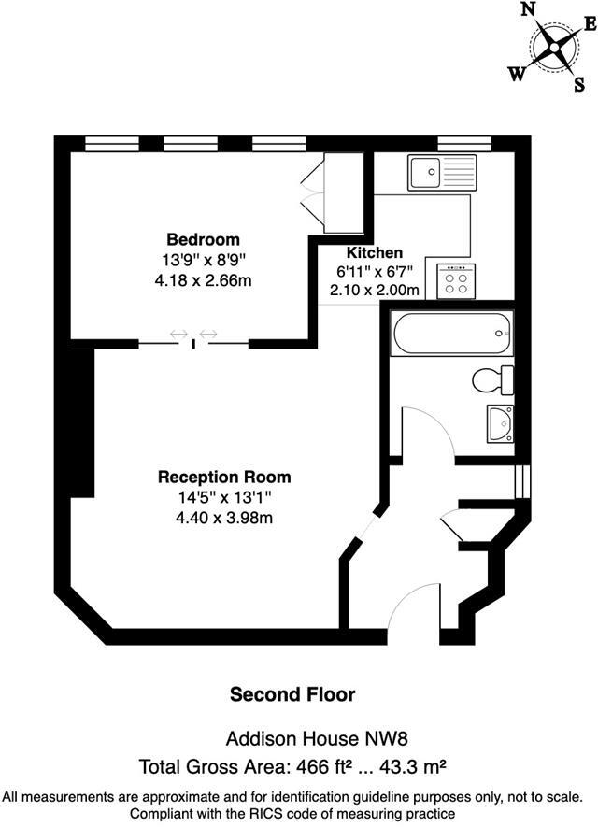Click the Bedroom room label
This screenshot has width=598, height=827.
(x=203, y=239)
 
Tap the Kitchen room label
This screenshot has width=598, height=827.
(x=375, y=253)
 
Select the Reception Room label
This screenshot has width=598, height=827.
(x=223, y=477)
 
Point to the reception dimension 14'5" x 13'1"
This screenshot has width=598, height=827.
(x=223, y=497)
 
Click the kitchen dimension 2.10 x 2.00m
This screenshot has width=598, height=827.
(x=375, y=290)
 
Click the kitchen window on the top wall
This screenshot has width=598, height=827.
(x=464, y=144)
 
